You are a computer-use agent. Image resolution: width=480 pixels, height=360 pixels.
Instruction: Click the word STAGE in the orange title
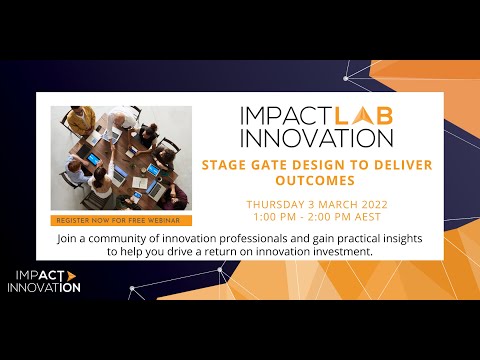(226, 164)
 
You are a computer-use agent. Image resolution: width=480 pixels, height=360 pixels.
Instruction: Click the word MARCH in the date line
(336, 203)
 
